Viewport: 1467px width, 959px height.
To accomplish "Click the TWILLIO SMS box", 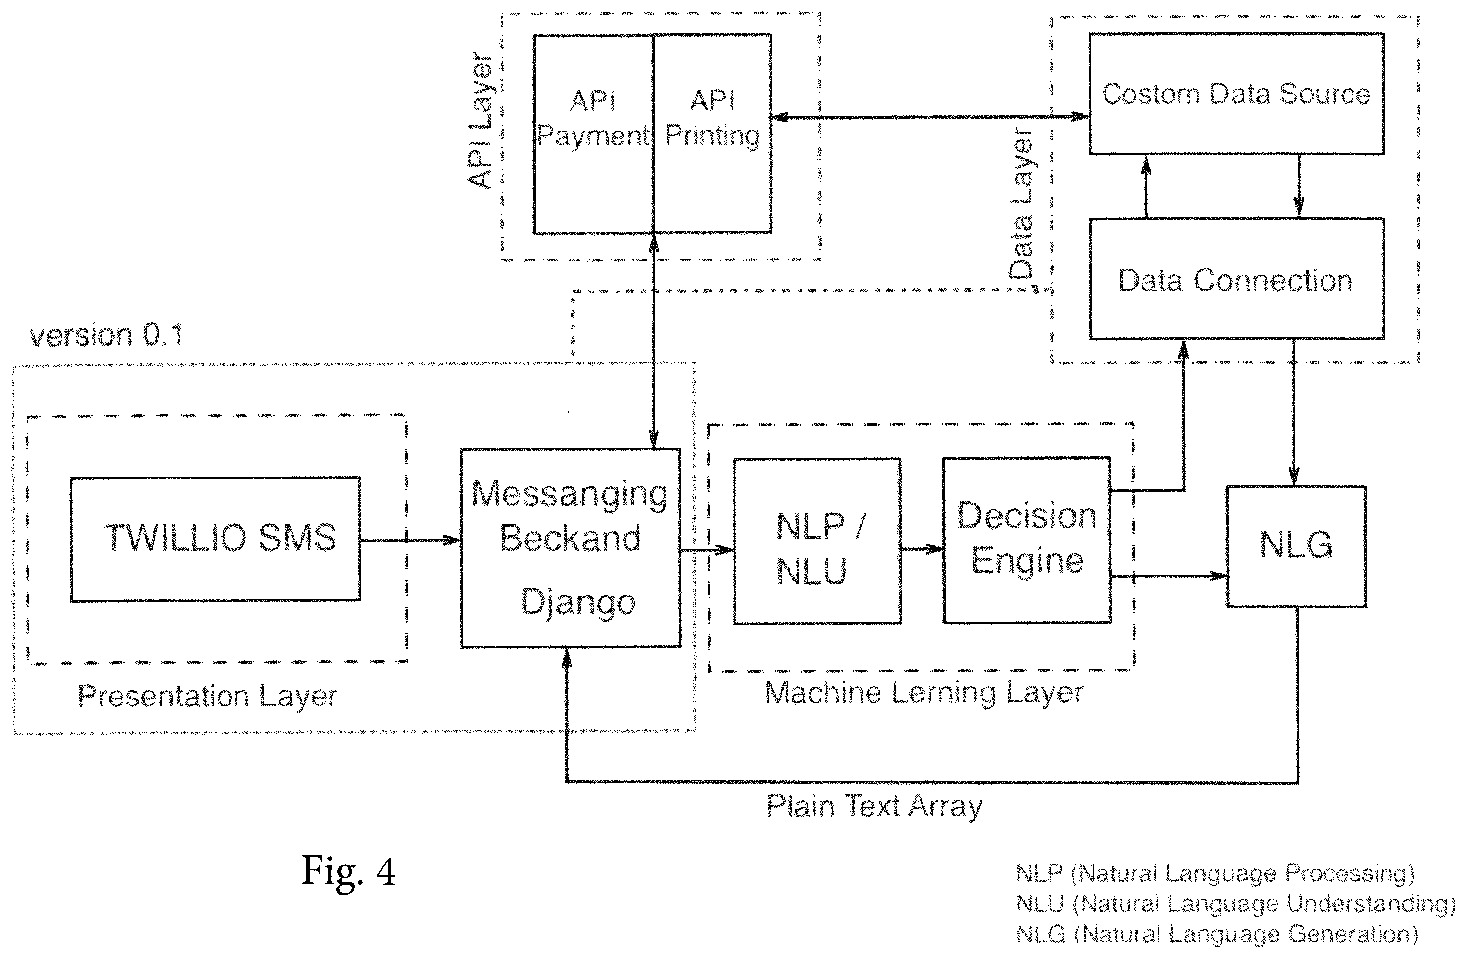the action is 215,539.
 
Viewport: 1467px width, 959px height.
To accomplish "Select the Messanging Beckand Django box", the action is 571,548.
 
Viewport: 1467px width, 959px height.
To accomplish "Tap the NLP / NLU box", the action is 817,541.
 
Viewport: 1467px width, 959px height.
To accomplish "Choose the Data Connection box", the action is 1237,279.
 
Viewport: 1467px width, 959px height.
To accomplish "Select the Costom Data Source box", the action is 1237,94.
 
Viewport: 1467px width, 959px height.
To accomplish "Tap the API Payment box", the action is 593,134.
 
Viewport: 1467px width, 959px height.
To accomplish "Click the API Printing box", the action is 712,134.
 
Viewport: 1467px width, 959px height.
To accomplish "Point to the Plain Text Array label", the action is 874,807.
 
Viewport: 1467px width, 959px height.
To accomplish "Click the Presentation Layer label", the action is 207,697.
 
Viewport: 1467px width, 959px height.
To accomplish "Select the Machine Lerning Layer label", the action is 924,693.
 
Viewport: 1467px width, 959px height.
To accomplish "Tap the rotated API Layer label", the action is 480,121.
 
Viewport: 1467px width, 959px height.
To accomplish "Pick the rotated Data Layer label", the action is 1021,203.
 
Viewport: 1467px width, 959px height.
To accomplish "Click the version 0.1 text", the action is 106,335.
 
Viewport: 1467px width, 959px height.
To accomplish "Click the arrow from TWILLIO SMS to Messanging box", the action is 411,541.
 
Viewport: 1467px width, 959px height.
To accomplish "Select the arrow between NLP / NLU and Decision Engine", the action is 922,549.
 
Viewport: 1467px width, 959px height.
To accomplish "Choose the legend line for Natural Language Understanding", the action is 1236,904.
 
